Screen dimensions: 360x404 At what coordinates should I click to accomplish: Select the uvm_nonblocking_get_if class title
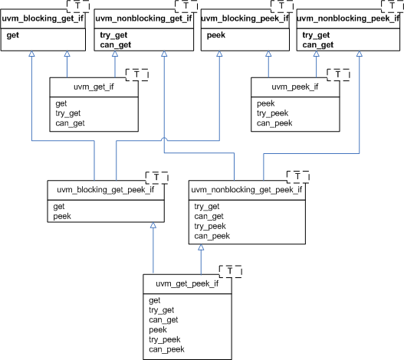click(143, 18)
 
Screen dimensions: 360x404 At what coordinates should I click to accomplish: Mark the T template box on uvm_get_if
click(136, 74)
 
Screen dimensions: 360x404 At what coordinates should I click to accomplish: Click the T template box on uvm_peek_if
click(338, 74)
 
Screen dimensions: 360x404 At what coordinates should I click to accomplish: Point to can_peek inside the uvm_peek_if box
click(275, 123)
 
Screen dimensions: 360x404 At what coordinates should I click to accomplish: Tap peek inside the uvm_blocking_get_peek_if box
click(62, 217)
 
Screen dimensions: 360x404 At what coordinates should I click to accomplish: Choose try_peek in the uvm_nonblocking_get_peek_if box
click(209, 226)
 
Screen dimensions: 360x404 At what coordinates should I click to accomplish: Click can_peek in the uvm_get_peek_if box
click(166, 349)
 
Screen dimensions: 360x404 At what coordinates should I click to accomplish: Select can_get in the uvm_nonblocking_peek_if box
click(318, 45)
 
